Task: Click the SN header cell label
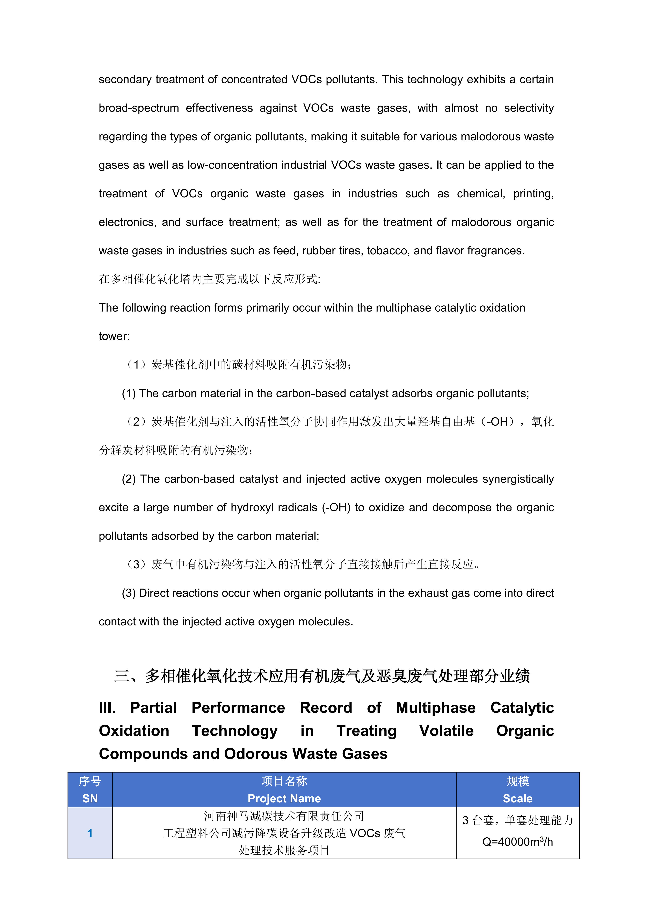click(x=90, y=798)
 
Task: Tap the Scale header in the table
click(x=517, y=798)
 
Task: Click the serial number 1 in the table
click(x=90, y=833)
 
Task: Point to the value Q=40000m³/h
click(x=517, y=842)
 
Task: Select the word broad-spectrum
click(x=139, y=108)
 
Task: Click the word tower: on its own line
click(x=114, y=336)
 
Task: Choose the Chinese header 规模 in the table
click(x=517, y=782)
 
